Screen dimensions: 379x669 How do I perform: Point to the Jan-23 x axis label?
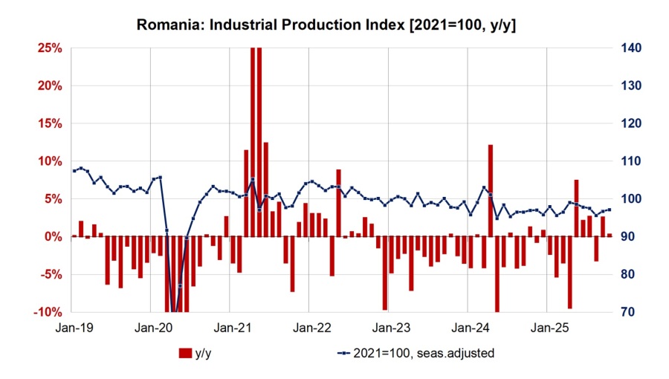(x=388, y=327)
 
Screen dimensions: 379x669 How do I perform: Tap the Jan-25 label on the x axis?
(x=546, y=327)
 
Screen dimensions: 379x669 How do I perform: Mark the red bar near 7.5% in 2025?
(x=576, y=208)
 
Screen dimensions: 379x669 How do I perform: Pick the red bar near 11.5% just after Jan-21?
(x=246, y=193)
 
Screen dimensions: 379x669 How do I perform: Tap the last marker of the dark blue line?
(x=610, y=210)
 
